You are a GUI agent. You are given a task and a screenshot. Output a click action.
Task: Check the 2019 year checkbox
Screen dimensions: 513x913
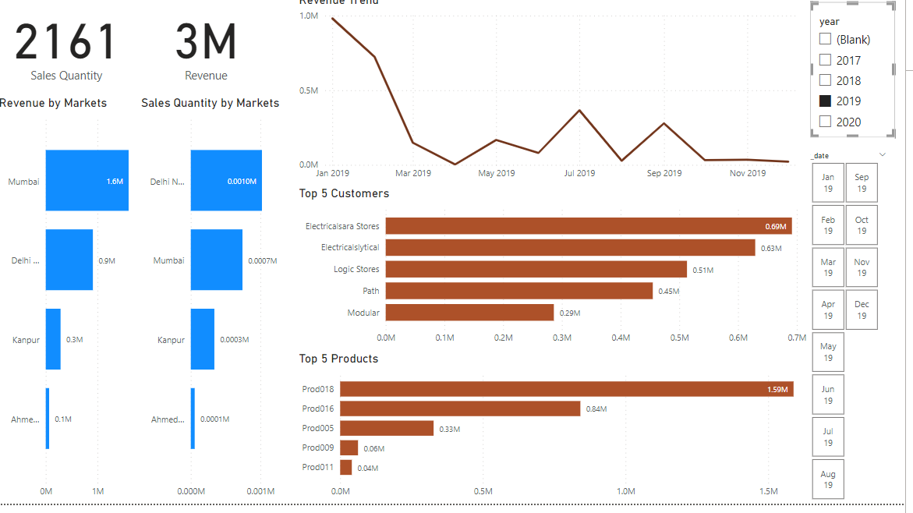tap(826, 101)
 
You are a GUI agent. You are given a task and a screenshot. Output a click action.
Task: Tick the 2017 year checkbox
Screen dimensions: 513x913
tap(826, 60)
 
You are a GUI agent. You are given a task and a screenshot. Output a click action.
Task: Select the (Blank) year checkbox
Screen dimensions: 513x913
tap(826, 39)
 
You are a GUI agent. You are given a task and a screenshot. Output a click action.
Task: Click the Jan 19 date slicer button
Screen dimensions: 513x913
tap(828, 182)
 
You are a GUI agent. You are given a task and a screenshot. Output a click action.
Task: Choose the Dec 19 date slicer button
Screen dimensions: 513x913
tap(862, 310)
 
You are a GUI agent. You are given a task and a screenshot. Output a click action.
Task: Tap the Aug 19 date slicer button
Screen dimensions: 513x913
tap(828, 479)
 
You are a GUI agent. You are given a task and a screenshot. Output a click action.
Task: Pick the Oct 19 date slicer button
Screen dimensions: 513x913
tap(862, 225)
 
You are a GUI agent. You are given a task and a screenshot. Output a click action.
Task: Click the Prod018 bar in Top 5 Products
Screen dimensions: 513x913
tap(566, 389)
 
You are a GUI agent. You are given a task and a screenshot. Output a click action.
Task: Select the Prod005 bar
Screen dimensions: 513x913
tap(387, 428)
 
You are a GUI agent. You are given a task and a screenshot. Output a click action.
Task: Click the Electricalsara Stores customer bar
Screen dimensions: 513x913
tap(589, 226)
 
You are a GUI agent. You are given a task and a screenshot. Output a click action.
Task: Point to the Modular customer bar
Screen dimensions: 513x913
tap(469, 313)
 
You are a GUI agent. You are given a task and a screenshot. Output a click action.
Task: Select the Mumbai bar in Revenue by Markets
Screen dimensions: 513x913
tap(87, 181)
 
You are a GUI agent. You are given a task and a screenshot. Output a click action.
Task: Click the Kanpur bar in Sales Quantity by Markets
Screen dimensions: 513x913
tap(203, 339)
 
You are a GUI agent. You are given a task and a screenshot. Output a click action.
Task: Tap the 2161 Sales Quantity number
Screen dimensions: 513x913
tap(66, 43)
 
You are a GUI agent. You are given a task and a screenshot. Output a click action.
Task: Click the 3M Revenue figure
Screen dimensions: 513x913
tap(206, 43)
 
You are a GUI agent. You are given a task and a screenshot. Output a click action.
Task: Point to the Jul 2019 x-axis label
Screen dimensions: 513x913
tap(579, 173)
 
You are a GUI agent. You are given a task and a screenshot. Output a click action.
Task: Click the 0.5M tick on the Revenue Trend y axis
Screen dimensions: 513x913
tap(309, 90)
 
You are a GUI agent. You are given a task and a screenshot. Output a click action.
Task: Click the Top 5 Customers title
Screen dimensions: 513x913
tap(344, 193)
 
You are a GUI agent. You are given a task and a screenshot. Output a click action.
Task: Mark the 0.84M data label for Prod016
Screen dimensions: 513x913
tap(596, 409)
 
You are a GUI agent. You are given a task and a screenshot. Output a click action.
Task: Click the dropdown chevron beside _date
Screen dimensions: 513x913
tap(882, 155)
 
